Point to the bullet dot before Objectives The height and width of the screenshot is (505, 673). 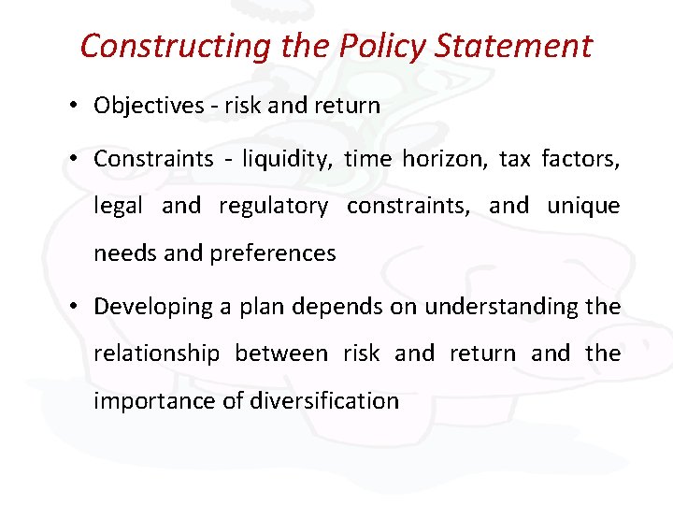pyautogui.click(x=74, y=106)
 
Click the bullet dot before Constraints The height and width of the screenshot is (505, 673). pyautogui.click(x=74, y=159)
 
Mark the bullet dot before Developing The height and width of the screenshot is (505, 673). pyautogui.click(x=74, y=307)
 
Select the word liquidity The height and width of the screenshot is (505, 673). pyautogui.click(x=283, y=160)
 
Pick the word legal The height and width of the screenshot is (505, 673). pyautogui.click(x=118, y=207)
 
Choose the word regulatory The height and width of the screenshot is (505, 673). pyautogui.click(x=273, y=207)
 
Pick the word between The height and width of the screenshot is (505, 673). pyautogui.click(x=280, y=353)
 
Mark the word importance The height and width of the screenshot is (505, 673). pyautogui.click(x=148, y=401)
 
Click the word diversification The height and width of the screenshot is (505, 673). pyautogui.click(x=324, y=401)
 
